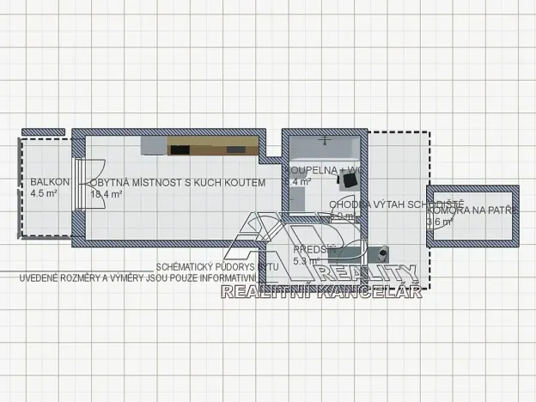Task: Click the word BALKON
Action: pos(44,182)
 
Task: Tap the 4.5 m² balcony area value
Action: pos(43,194)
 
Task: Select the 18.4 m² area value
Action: pos(107,194)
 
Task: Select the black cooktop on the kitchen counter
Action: pos(180,149)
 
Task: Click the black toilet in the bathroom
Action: pos(350,181)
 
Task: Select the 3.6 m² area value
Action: pos(440,222)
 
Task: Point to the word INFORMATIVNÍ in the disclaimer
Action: pos(250,278)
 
